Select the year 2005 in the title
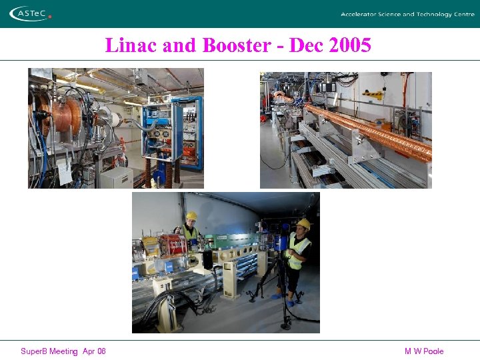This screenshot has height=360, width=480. click(347, 45)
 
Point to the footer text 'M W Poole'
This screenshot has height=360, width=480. click(423, 351)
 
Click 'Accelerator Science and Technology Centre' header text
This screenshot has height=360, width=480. click(407, 14)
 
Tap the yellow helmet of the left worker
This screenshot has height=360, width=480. click(191, 216)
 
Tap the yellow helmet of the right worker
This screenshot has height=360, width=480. click(304, 224)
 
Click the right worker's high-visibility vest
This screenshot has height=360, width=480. click(299, 249)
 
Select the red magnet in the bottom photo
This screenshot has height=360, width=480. click(173, 245)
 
